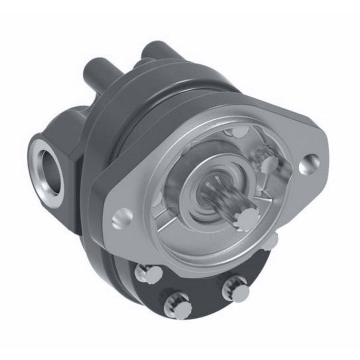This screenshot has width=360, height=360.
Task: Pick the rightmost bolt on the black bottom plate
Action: pyautogui.click(x=237, y=291)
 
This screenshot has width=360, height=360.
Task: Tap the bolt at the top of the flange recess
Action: pyautogui.click(x=238, y=132)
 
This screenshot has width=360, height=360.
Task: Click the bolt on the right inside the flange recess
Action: pyautogui.click(x=269, y=165)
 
